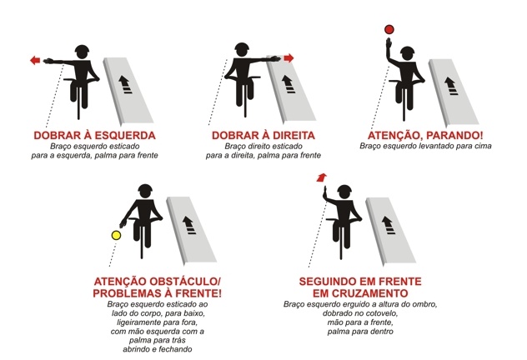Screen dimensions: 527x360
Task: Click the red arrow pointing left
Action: (35, 61)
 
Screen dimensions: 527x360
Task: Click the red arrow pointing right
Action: (289, 58)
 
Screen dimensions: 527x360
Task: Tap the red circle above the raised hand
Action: (389, 29)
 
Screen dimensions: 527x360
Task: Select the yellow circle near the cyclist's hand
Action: (116, 235)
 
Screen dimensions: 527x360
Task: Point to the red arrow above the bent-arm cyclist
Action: (322, 177)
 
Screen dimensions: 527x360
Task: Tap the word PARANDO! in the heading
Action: (454, 135)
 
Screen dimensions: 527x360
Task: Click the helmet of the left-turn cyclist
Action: (82, 52)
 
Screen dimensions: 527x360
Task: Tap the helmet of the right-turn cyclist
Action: (242, 49)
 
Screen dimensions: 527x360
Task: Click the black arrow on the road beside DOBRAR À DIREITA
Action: (288, 84)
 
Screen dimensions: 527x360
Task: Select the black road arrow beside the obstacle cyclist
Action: (189, 225)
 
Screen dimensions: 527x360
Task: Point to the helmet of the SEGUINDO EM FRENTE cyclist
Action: (344, 191)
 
